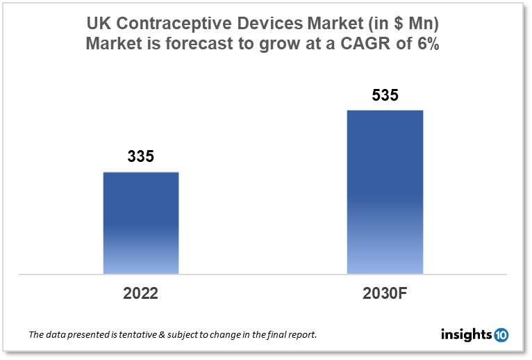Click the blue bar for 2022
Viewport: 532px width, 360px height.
[141, 222]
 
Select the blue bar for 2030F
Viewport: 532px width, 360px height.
[385, 192]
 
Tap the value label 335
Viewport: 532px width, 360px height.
[141, 157]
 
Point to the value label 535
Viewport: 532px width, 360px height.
[385, 95]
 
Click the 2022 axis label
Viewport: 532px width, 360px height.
[141, 293]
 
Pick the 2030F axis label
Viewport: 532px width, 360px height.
[384, 293]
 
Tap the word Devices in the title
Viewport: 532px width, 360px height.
[265, 24]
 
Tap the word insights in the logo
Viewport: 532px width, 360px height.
[466, 335]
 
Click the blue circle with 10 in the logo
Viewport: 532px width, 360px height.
[501, 335]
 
